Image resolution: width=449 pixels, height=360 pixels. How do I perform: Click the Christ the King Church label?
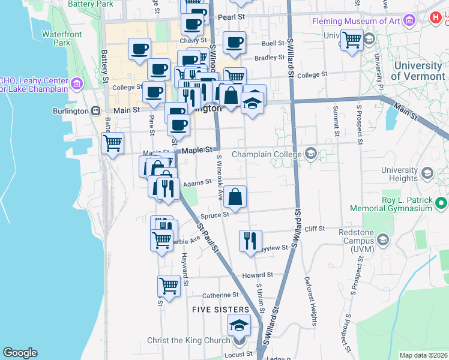188,340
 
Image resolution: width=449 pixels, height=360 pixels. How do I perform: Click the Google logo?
20,353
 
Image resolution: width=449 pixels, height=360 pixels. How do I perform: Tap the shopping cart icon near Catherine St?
169,286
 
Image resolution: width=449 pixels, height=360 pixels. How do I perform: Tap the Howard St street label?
258,275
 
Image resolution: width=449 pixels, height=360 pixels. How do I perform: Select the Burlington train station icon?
95,111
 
